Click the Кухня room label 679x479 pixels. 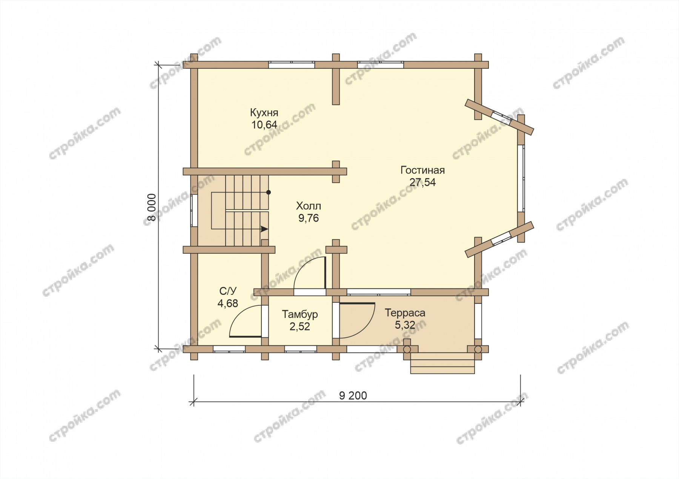[264, 113]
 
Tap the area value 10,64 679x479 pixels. [264, 125]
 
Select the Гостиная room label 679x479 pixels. [422, 170]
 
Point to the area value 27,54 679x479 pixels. [422, 183]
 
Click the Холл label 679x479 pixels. [309, 206]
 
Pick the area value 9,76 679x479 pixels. [309, 218]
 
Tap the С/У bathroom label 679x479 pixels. [228, 291]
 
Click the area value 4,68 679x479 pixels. [228, 303]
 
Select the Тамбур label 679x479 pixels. [300, 314]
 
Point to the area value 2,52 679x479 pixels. [300, 327]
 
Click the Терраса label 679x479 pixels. [405, 313]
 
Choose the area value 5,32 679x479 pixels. [405, 325]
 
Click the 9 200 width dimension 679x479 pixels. [353, 396]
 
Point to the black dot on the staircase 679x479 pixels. [269, 192]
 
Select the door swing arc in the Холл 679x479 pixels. [302, 268]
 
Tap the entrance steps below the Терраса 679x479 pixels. [442, 363]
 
